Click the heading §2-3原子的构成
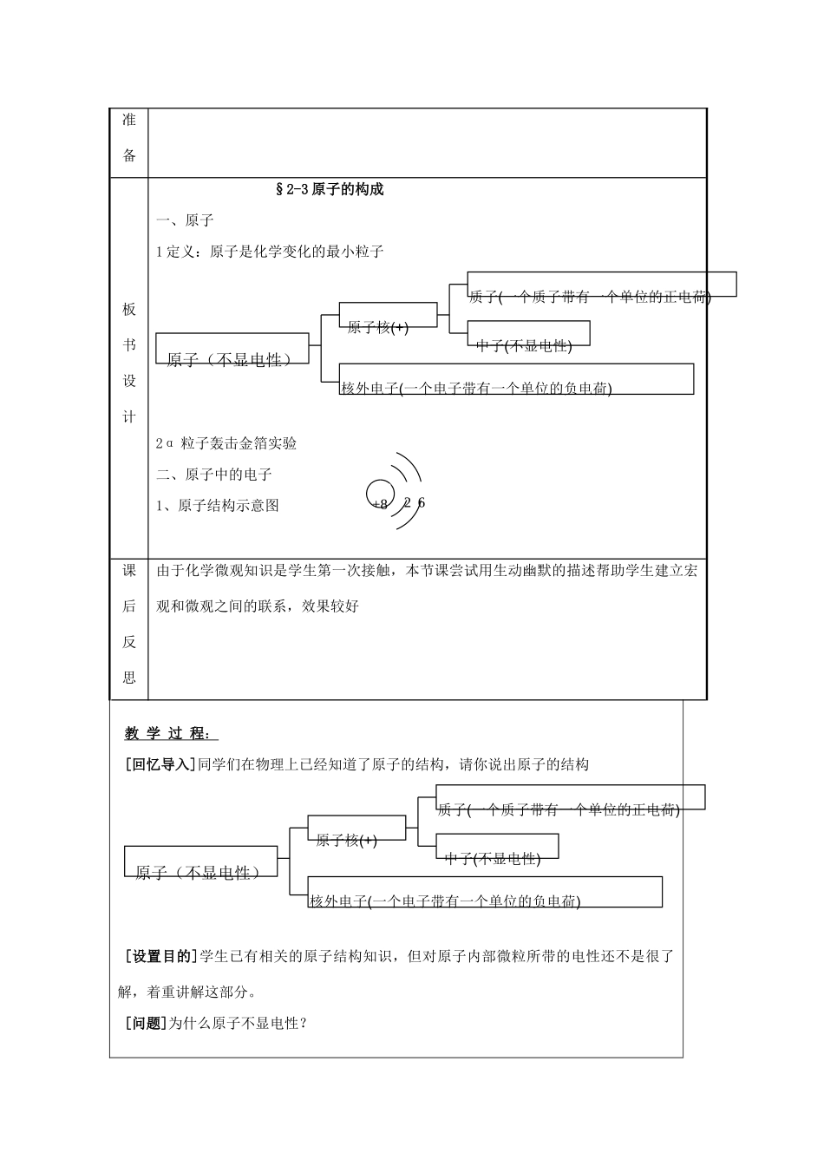[x=329, y=190]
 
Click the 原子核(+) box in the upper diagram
[x=388, y=316]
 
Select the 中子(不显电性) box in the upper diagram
[x=528, y=334]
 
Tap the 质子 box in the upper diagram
[x=601, y=285]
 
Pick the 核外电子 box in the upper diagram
[x=517, y=379]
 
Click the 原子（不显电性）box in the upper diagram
[x=232, y=348]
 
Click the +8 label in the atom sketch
[x=378, y=504]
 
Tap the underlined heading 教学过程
[x=167, y=734]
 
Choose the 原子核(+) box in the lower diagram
[x=356, y=829]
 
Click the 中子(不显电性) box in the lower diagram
[x=497, y=847]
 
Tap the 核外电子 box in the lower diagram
[x=486, y=892]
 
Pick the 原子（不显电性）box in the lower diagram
[x=201, y=861]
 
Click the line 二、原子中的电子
[x=214, y=475]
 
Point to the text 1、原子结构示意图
[x=218, y=506]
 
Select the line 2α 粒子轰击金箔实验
[x=226, y=443]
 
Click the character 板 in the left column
[x=129, y=310]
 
